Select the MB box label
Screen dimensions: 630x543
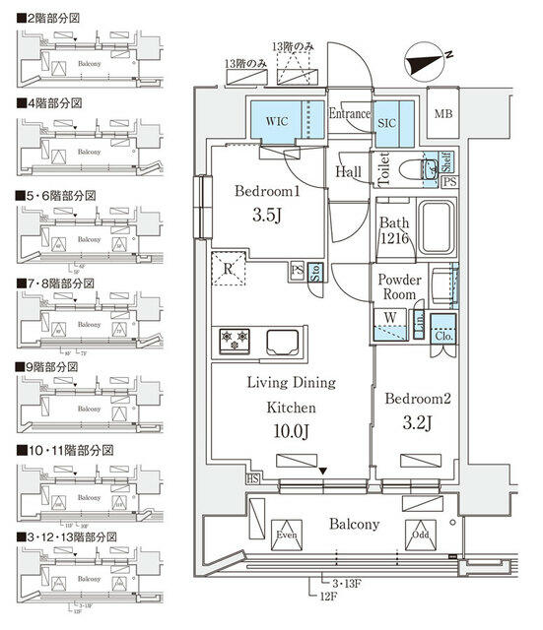click(x=445, y=114)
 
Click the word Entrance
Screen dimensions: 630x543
click(x=349, y=114)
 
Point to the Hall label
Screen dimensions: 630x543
click(x=349, y=172)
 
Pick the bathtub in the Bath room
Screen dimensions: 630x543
click(x=435, y=230)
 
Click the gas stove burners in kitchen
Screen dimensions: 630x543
click(x=237, y=340)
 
